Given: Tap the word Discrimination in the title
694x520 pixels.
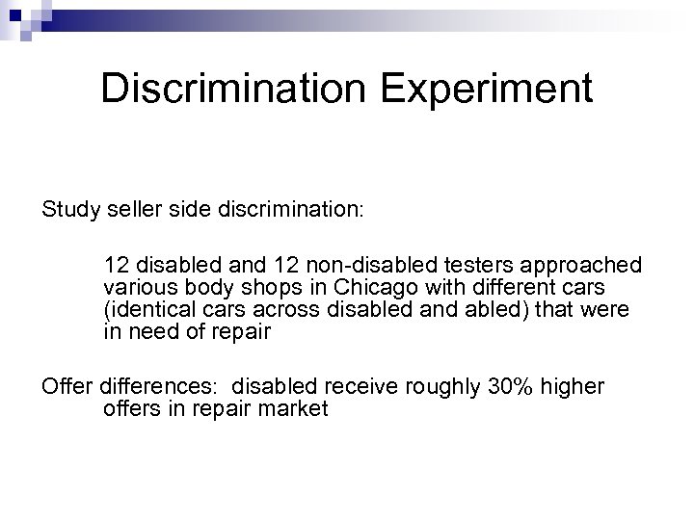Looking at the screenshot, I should tap(230, 89).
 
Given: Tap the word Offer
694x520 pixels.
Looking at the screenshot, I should tap(66, 386).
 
